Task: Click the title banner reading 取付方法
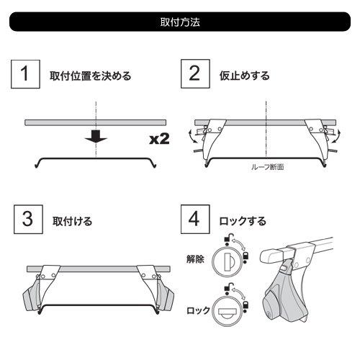click(180, 22)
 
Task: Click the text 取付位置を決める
click(90, 76)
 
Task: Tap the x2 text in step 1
click(159, 139)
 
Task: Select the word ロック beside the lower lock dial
click(197, 312)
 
